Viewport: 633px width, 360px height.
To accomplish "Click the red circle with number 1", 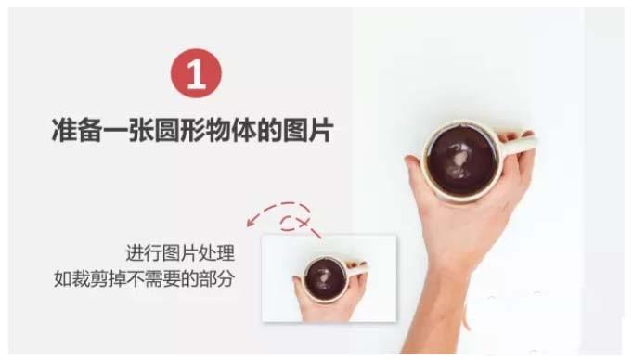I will pos(196,74).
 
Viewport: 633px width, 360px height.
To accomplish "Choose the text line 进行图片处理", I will pos(180,253).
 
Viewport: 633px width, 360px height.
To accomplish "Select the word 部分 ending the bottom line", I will pos(216,277).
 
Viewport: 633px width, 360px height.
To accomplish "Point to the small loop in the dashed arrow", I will pos(294,222).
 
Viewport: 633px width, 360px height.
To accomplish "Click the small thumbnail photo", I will pos(329,277).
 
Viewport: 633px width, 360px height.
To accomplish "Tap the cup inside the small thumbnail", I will pos(326,274).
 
